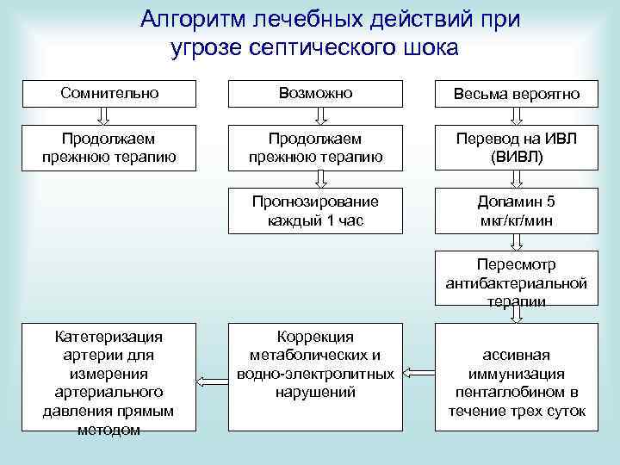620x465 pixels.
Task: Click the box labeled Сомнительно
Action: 110,93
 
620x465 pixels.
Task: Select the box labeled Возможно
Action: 315,93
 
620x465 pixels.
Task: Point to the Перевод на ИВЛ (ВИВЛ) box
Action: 516,147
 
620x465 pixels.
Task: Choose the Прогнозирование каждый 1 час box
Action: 315,211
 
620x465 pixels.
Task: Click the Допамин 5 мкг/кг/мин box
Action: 516,211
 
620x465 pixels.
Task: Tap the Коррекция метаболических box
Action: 315,376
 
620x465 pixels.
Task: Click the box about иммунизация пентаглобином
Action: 516,376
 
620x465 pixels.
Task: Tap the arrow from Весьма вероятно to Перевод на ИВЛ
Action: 516,116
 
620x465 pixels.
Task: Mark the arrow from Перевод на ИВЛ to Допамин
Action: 516,178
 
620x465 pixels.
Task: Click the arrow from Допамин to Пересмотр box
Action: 516,242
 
